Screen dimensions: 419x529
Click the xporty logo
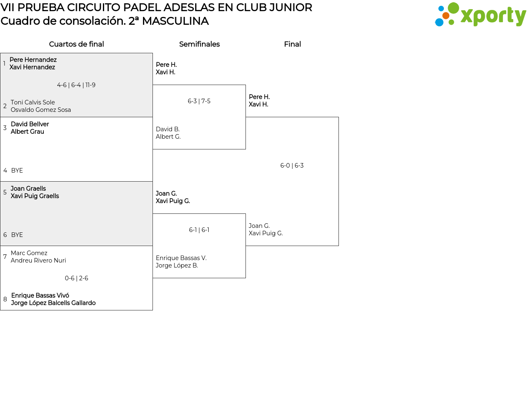point(480,15)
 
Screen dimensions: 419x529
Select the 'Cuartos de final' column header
point(76,44)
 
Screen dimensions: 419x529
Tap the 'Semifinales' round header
point(199,44)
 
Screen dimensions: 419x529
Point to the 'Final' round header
point(292,44)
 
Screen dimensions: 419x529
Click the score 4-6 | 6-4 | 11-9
point(76,85)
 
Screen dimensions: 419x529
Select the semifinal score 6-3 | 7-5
point(199,101)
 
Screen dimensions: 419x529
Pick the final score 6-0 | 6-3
point(292,166)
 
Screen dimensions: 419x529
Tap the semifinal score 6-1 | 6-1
point(199,230)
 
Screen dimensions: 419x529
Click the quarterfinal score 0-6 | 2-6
point(76,278)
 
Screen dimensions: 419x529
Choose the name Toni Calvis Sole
point(33,102)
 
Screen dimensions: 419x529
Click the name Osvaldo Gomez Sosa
point(41,110)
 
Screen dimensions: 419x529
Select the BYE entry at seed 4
point(17,170)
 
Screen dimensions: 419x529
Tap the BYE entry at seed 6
point(17,235)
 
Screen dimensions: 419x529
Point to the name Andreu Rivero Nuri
point(38,260)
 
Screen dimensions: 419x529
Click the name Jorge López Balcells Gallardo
point(53,303)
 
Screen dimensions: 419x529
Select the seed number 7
point(5,257)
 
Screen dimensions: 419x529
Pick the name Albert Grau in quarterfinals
point(27,132)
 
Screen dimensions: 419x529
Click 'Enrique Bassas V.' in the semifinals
point(181,258)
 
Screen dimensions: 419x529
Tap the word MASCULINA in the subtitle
point(175,21)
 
